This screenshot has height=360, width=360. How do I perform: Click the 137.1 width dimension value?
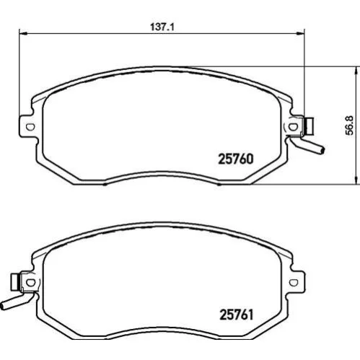(162, 27)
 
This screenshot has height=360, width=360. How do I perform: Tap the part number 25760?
(236, 159)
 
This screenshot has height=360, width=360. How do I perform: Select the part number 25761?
(237, 315)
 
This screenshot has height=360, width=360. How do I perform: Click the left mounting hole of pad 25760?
(30, 126)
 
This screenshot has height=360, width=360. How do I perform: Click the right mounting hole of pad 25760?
(292, 126)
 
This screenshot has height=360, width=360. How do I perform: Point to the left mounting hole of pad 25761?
(30, 282)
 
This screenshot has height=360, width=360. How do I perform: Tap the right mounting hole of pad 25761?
(294, 282)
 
